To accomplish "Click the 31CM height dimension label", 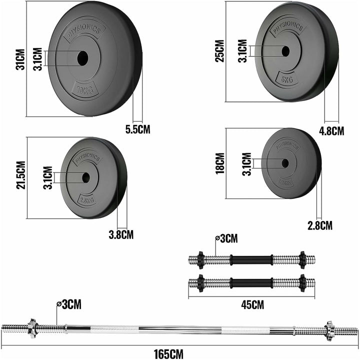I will click(x=20, y=59).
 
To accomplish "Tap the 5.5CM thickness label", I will click(x=137, y=129).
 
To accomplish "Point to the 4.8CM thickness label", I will click(x=331, y=131).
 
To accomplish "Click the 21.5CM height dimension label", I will click(x=20, y=175).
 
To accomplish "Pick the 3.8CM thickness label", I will click(x=121, y=233).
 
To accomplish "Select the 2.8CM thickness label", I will click(x=320, y=225).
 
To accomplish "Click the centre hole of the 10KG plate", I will click(x=81, y=58).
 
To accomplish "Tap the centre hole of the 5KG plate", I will click(x=285, y=50).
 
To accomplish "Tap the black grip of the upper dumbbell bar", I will click(x=251, y=260).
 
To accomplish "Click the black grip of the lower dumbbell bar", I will click(x=251, y=283).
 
